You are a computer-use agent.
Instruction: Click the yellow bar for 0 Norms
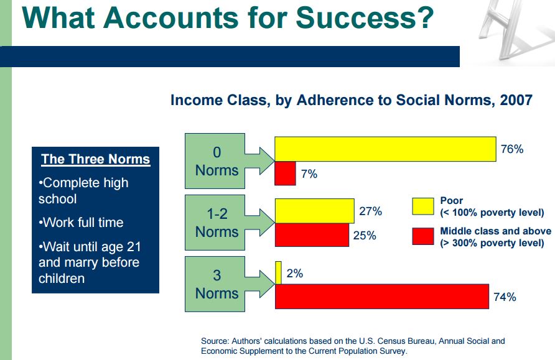tap(386, 149)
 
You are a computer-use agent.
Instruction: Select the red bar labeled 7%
tap(286, 173)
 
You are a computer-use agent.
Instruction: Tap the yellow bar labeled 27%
tap(315, 211)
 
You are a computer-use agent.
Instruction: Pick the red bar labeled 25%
tap(312, 235)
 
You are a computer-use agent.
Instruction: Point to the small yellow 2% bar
tap(278, 273)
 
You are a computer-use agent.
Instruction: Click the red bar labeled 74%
tap(382, 297)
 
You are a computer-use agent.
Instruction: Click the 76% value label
tap(512, 149)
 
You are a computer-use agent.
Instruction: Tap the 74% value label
tap(505, 297)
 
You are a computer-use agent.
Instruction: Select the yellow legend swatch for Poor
tap(423, 206)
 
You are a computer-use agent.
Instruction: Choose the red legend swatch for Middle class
tap(423, 236)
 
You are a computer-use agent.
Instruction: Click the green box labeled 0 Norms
tap(215, 161)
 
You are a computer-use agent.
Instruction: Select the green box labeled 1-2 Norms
tap(215, 223)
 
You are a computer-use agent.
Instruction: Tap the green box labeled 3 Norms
tap(215, 284)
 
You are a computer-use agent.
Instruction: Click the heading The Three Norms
tap(96, 159)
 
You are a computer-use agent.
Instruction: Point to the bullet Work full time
tap(81, 223)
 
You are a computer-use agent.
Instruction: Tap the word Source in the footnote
tap(215, 341)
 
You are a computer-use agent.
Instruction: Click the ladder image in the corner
tap(513, 30)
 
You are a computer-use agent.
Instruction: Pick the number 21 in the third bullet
tap(133, 246)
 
